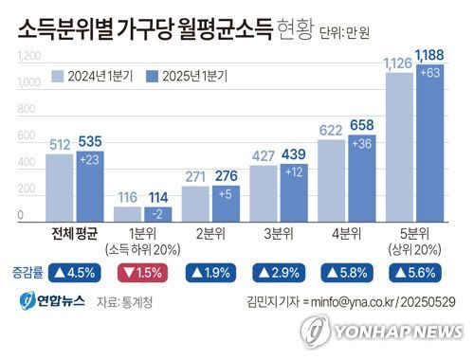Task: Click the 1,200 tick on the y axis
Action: coord(28,57)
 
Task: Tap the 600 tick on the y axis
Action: coord(31,136)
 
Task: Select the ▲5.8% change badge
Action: coord(346,273)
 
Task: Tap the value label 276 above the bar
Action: coord(226,176)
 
